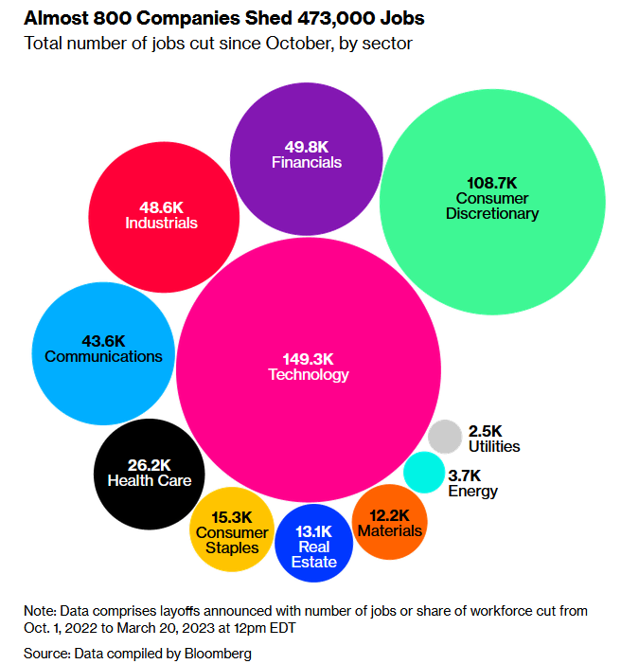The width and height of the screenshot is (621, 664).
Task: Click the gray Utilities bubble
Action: [x=445, y=437]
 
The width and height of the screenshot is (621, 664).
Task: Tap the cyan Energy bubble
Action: [x=424, y=472]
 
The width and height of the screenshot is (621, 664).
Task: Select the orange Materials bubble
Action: [x=389, y=522]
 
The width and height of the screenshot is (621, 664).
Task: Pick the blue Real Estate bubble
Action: [x=313, y=543]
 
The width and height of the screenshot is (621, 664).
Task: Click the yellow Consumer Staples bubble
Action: [x=232, y=529]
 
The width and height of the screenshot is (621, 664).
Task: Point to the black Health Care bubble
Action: [x=149, y=474]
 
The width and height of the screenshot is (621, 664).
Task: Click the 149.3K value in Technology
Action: [x=309, y=359]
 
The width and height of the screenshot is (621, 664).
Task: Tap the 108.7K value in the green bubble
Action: [x=492, y=183]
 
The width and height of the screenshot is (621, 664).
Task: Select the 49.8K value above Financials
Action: [x=307, y=147]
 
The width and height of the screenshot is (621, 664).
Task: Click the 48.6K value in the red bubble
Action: [x=161, y=207]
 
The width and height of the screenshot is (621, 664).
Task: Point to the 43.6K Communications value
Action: [x=103, y=341]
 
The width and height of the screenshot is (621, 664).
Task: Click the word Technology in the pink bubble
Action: [x=309, y=374]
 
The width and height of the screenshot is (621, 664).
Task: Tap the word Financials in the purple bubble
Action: [x=307, y=162]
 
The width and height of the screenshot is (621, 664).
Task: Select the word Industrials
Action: [x=161, y=223]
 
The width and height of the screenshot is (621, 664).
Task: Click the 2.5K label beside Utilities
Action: [x=485, y=431]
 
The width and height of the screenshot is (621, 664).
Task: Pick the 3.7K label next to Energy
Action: [x=465, y=476]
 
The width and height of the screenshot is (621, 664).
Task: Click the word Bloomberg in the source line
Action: [x=218, y=654]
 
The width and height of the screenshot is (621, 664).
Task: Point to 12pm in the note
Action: [x=250, y=628]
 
